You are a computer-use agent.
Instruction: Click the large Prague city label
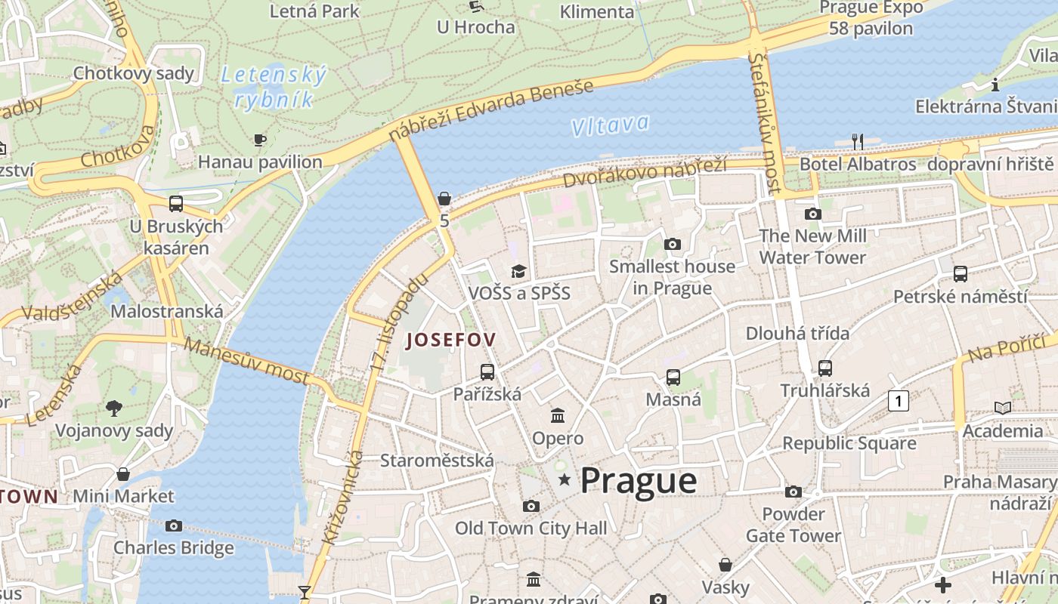point(639,480)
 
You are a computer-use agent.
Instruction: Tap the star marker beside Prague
point(564,479)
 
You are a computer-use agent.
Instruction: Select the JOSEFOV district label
point(451,340)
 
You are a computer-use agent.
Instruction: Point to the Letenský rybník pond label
point(274,87)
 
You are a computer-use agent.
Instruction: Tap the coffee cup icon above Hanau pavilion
point(259,140)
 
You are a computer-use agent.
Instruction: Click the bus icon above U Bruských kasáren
point(176,204)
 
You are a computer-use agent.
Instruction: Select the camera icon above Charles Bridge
point(174,525)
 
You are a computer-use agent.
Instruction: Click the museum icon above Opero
point(558,415)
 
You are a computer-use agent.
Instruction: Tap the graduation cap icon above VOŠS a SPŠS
point(518,271)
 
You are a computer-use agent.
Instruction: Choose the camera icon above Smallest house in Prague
point(672,244)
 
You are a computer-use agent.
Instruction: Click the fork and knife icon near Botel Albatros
point(857,141)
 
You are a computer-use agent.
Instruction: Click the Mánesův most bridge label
point(246,361)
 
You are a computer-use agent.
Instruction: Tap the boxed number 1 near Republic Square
point(898,401)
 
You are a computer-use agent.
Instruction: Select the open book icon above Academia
point(1002,408)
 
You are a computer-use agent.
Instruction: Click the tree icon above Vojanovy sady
point(114,408)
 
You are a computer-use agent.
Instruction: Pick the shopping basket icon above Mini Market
point(123,474)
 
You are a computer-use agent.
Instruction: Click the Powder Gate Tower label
point(793,525)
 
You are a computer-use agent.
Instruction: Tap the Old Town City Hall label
point(531,528)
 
